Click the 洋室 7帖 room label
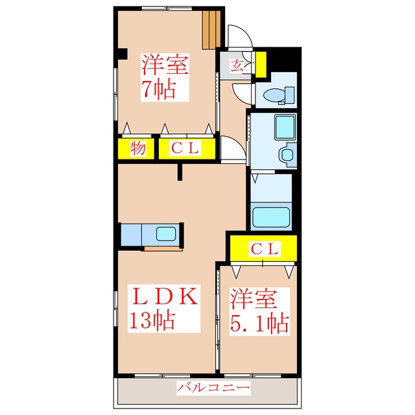coord(165,77)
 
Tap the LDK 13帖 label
coord(164,309)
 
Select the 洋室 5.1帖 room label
coord(259,311)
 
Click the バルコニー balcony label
coord(213,388)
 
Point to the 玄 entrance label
coord(237,65)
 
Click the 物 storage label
coord(137,148)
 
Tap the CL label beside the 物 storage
coord(185,148)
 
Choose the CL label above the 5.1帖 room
coord(265,249)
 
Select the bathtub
coord(271,217)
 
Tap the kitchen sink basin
coord(166,234)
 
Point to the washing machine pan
coord(285,128)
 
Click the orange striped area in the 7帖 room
coord(211,30)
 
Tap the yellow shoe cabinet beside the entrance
coord(261,65)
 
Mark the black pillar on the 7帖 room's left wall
coord(123,54)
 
